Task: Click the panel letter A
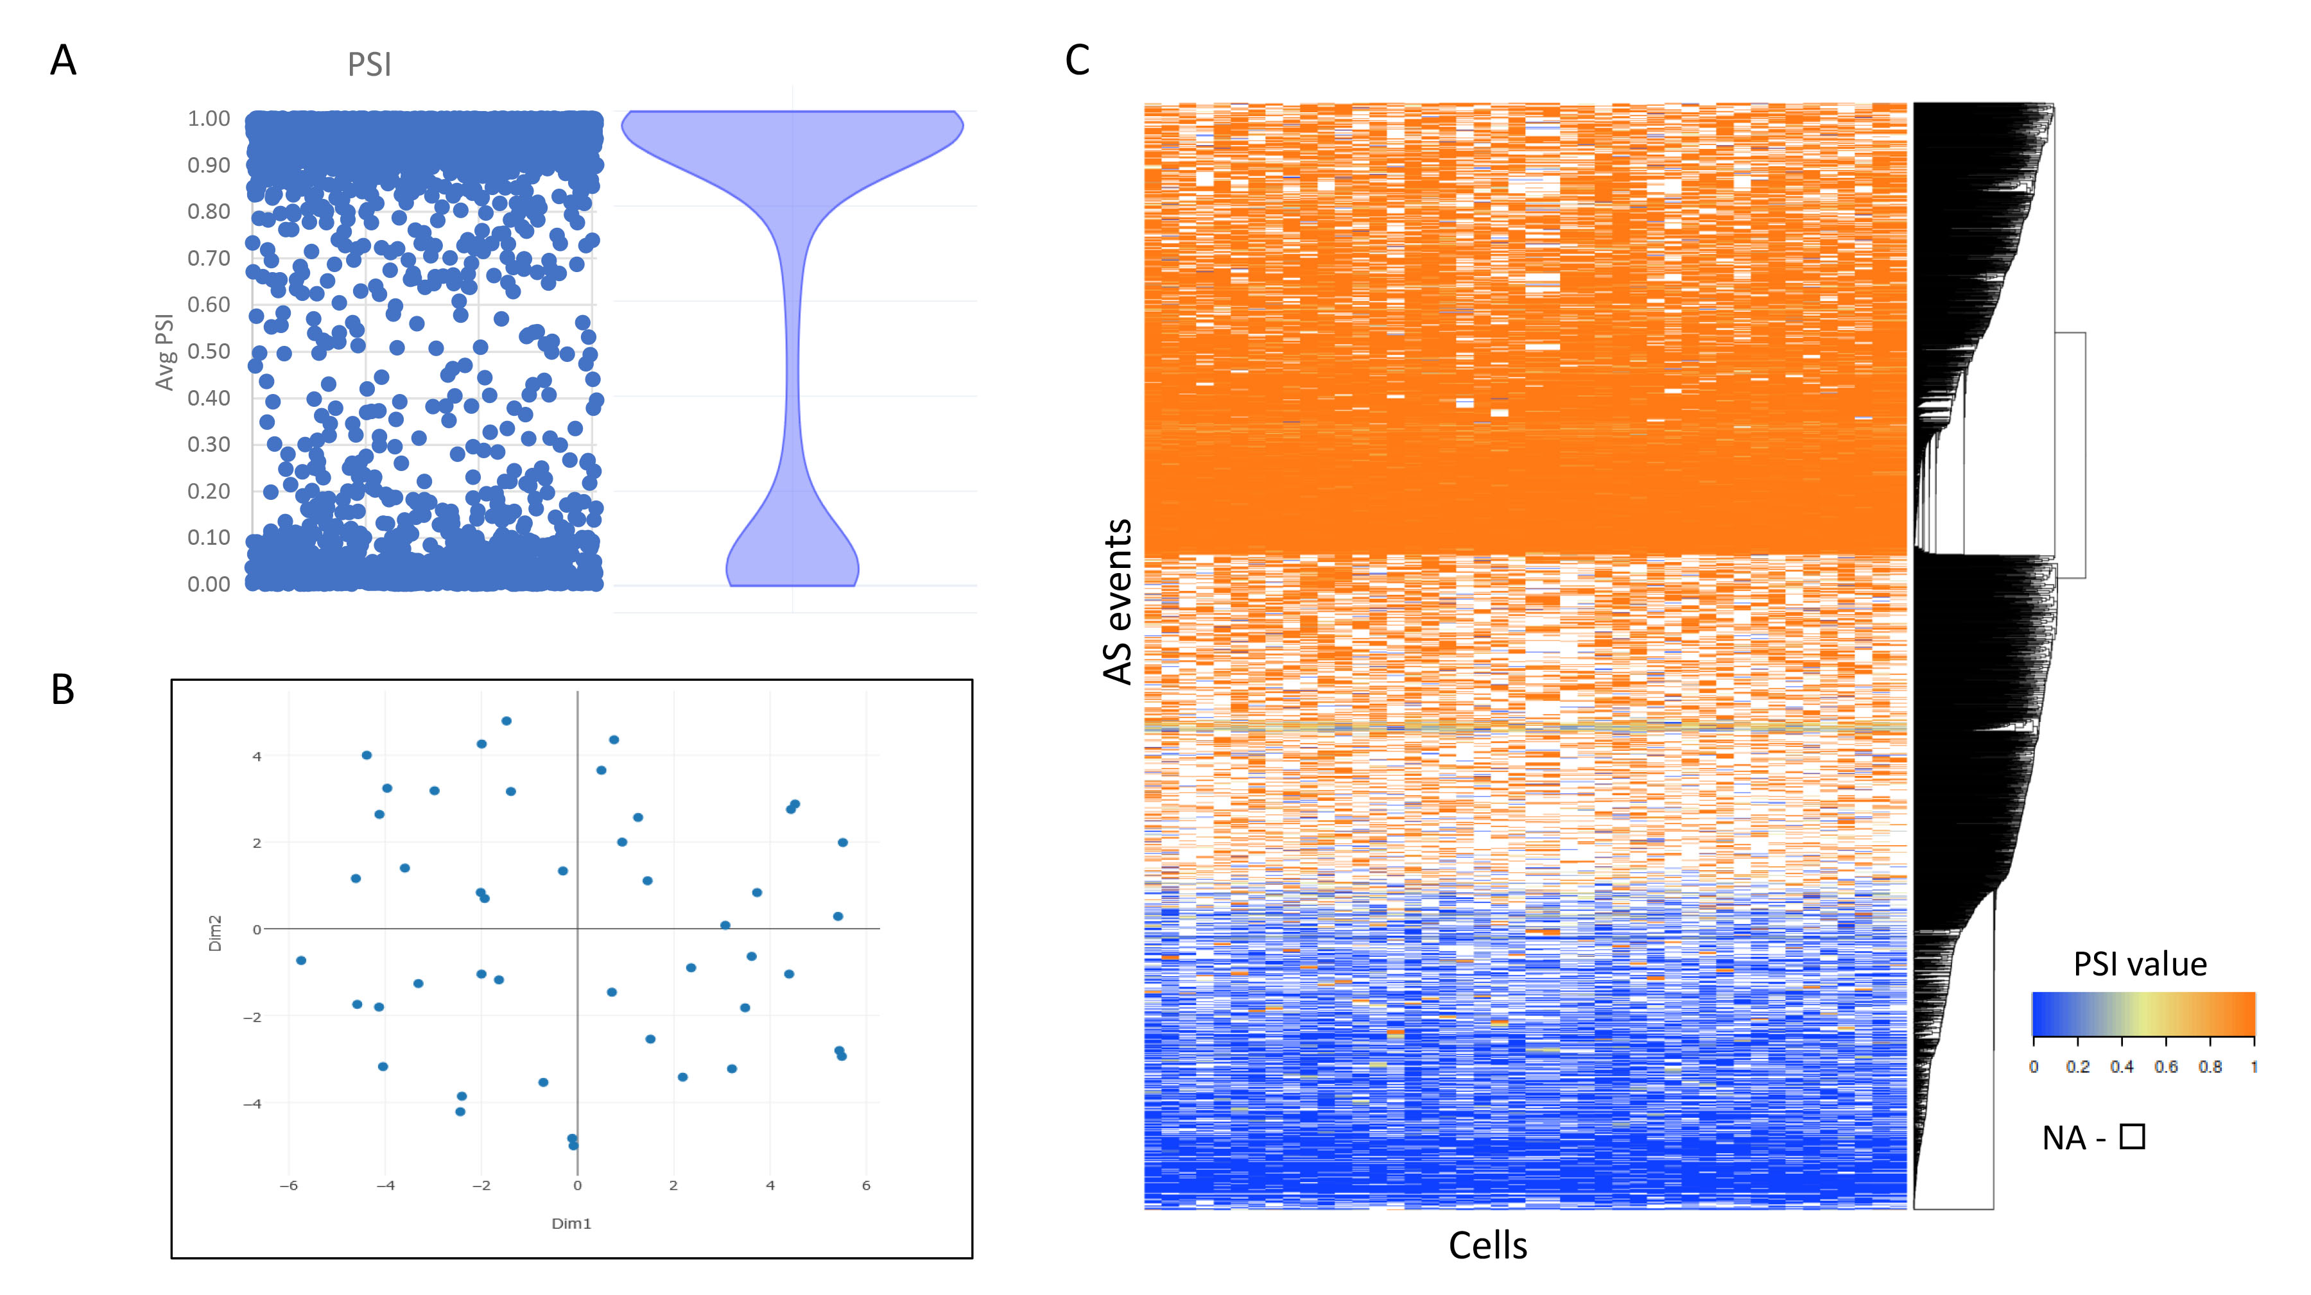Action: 63,61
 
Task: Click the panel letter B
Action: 63,690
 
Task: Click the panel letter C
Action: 1077,61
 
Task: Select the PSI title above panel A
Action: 370,65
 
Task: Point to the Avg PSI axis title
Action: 164,352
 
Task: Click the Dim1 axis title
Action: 571,1223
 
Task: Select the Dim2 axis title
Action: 215,932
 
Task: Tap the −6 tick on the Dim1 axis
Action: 288,1186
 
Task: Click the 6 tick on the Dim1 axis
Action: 866,1186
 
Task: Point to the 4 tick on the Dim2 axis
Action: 257,756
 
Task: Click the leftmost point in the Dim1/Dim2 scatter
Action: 302,961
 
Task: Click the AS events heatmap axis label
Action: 1118,601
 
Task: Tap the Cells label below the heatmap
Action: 1487,1245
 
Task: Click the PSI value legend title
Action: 2140,964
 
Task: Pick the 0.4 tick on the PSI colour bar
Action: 2121,1067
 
